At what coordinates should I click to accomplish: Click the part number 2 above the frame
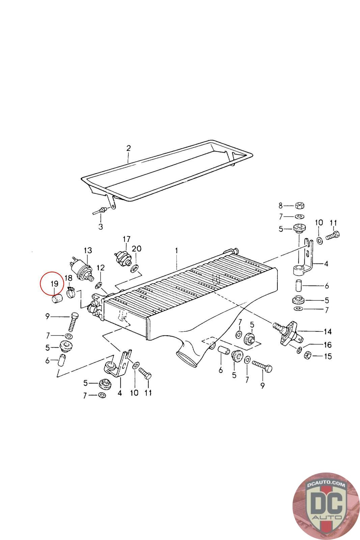128,148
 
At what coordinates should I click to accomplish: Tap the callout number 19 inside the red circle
55,284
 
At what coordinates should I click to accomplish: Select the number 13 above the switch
88,250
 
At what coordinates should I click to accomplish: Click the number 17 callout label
126,239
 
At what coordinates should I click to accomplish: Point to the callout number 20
137,249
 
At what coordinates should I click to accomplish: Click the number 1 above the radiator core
176,251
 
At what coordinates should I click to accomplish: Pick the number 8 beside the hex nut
280,205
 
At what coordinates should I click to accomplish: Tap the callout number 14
328,332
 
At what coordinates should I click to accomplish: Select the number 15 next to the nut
328,356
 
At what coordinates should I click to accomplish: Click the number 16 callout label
328,345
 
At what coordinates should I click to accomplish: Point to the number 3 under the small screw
101,226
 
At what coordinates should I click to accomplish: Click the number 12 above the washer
101,268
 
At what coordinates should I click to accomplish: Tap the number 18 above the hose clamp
68,278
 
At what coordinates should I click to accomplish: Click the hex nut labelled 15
307,355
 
